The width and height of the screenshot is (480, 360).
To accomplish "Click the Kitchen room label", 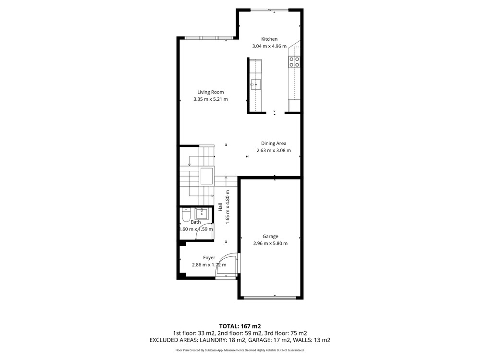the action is (x=269, y=39).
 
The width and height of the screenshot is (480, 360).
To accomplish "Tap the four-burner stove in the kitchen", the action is (x=294, y=62).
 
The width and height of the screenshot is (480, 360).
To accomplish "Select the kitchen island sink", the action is (x=255, y=84).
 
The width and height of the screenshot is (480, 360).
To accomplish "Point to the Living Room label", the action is (x=211, y=92).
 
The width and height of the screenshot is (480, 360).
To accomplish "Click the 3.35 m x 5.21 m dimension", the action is (x=211, y=99).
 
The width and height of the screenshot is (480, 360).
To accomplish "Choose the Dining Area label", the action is (x=274, y=143).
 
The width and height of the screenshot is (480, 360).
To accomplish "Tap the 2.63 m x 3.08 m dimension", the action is (x=274, y=150).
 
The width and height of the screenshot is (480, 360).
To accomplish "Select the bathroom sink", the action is (x=202, y=214).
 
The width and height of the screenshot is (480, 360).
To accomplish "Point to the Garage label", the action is (x=270, y=236).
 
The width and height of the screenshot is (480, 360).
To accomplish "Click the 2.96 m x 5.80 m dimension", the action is (x=270, y=243).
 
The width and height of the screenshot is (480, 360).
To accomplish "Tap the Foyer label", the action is (x=209, y=258).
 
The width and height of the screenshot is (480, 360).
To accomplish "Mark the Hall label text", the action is (x=220, y=207).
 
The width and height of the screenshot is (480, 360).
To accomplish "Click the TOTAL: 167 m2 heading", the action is (x=240, y=326).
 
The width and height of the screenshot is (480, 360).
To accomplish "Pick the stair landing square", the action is (x=206, y=176).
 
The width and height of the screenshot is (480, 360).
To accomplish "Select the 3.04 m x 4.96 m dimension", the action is (x=269, y=46).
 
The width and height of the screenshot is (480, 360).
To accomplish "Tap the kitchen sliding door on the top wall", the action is (x=270, y=10).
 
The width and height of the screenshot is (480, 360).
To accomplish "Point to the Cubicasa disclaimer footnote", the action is (x=240, y=350).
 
